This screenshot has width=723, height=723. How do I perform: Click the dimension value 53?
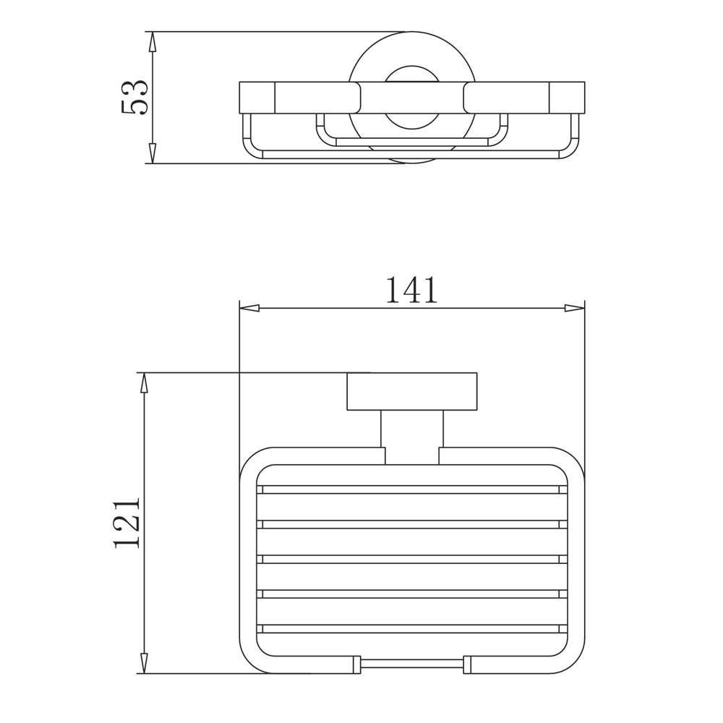134,98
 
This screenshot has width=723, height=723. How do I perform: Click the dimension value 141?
411,290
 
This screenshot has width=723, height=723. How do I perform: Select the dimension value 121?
126,523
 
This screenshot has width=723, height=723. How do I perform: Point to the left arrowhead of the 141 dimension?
249,309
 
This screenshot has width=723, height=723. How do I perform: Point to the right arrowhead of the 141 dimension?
575,309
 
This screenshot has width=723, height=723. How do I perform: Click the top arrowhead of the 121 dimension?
144,382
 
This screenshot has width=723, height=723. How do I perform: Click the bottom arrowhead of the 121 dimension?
144,664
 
